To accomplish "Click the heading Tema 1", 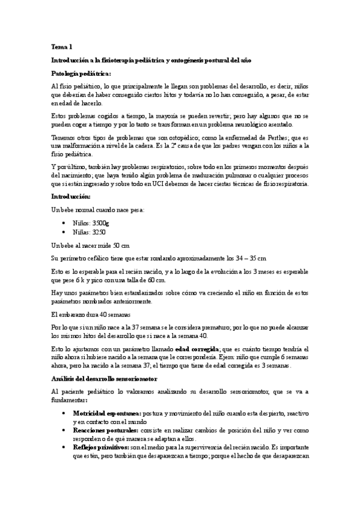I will point(62,46).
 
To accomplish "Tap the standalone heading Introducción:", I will point(71,196).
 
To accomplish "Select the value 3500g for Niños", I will point(101,223).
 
